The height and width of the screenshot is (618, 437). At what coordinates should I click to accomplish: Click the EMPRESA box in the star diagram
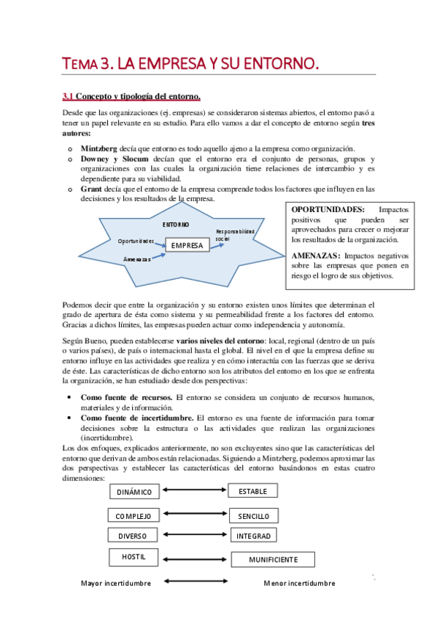187,246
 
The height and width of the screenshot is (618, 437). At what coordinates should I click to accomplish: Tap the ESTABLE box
253,492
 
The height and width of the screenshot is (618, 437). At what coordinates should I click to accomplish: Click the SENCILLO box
253,516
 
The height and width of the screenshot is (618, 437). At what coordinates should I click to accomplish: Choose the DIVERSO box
133,536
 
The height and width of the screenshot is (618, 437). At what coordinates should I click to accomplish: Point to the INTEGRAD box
253,536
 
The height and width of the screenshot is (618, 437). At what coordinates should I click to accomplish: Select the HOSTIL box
133,558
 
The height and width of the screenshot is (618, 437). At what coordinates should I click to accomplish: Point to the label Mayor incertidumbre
116,583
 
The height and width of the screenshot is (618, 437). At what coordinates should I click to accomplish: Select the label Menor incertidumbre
299,583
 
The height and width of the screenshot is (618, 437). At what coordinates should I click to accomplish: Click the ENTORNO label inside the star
176,224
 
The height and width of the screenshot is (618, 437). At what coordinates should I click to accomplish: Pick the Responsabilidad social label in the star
235,235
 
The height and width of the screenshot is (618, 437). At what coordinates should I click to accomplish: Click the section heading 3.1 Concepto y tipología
131,96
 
